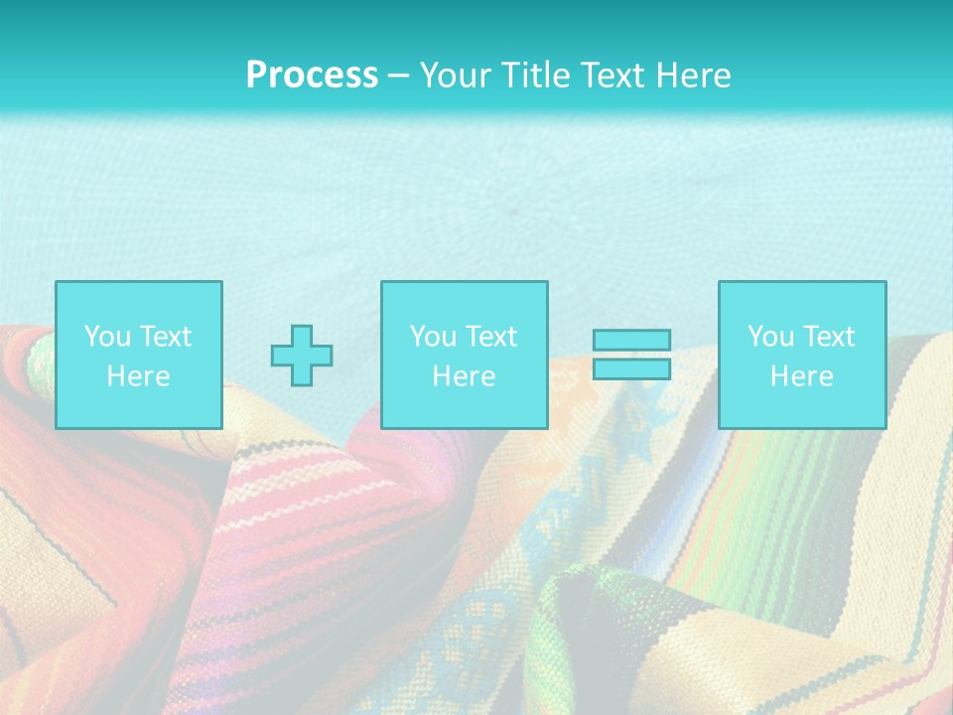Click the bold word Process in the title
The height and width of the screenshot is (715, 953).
click(312, 75)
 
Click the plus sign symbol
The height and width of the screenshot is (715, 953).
click(302, 356)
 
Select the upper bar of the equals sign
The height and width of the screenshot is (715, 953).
click(631, 340)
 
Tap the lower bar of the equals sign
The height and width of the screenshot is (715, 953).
click(631, 368)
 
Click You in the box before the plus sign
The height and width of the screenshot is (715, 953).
click(106, 337)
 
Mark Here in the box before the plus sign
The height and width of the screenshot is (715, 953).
click(138, 376)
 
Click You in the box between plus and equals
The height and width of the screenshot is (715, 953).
click(432, 337)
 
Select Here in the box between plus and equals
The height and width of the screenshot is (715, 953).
click(464, 376)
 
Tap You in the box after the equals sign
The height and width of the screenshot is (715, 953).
click(769, 337)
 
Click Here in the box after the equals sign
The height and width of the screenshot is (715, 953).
click(801, 376)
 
